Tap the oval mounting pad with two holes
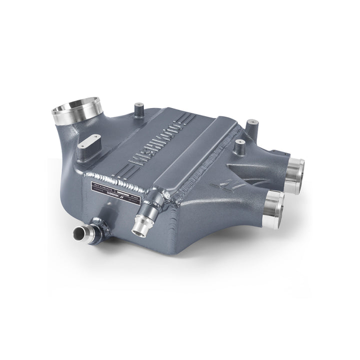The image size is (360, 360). pos(89,142)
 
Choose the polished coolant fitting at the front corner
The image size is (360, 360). pos(140,223)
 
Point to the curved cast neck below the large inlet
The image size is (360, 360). pos(70,135)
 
